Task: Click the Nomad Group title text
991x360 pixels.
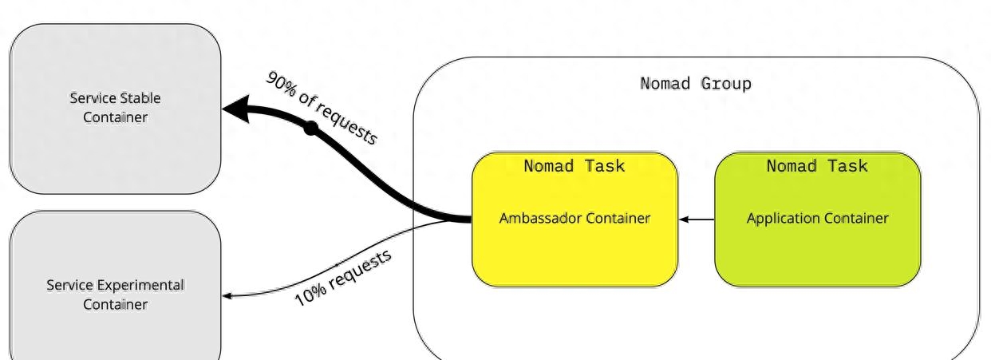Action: point(696,84)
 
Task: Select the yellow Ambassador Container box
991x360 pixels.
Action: point(574,220)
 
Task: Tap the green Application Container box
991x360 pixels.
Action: point(818,220)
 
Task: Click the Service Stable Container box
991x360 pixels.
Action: point(115,109)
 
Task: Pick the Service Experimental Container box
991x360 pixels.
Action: point(115,286)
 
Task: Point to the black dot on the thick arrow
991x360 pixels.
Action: point(311,129)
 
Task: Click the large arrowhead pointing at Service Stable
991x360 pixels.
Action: point(236,109)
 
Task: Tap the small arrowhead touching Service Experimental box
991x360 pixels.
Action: point(227,296)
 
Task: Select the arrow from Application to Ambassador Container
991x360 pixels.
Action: point(697,220)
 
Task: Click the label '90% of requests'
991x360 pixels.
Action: point(322,108)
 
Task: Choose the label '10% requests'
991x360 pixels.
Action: point(343,278)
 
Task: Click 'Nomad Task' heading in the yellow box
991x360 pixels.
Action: point(574,166)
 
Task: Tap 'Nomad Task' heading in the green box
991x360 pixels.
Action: point(817,166)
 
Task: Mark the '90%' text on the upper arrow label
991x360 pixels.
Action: point(281,84)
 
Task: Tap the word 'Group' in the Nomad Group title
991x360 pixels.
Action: point(726,84)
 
